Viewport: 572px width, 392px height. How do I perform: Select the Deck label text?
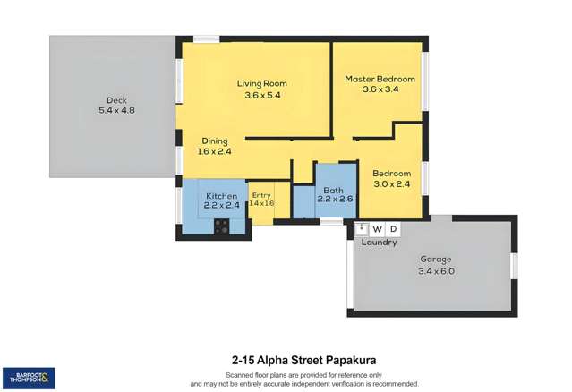pyautogui.click(x=115, y=99)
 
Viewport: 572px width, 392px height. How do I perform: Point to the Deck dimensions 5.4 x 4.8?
pyautogui.click(x=115, y=111)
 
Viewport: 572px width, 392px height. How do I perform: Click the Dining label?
pyautogui.click(x=214, y=141)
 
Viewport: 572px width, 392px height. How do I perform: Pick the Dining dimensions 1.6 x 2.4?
pyautogui.click(x=214, y=151)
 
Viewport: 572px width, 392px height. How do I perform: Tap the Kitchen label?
pyautogui.click(x=221, y=196)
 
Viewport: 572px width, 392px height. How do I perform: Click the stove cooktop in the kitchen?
pyautogui.click(x=221, y=227)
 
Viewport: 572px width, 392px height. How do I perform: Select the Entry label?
pyautogui.click(x=261, y=195)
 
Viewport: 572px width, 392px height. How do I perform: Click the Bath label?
pyautogui.click(x=334, y=190)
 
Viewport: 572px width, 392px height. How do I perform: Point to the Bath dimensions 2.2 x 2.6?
pyautogui.click(x=334, y=200)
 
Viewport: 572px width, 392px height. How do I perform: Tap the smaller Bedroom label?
pyautogui.click(x=391, y=174)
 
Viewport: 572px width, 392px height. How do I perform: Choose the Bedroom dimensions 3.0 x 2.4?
pyautogui.click(x=391, y=184)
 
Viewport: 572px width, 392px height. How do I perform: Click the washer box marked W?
pyautogui.click(x=377, y=229)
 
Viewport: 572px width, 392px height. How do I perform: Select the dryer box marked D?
pyautogui.click(x=394, y=229)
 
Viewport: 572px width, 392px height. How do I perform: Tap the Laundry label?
pyautogui.click(x=379, y=243)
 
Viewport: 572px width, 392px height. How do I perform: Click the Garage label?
pyautogui.click(x=436, y=260)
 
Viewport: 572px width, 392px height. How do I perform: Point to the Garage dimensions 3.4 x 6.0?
pyautogui.click(x=436, y=271)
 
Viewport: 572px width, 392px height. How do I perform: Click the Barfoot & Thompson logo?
pyautogui.click(x=29, y=377)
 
